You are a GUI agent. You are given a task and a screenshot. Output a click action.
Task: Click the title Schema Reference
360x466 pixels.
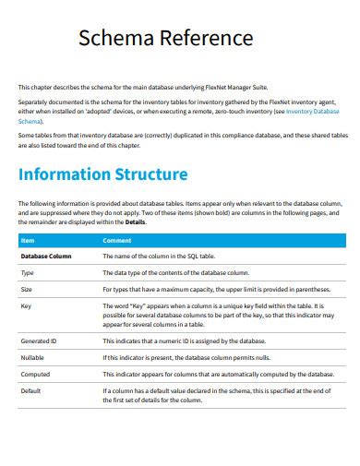point(165,38)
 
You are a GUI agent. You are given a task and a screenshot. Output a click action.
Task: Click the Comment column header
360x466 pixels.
point(116,240)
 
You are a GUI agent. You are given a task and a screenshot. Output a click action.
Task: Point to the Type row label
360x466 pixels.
point(27,273)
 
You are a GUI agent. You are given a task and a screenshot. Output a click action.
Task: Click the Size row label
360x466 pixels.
point(26,290)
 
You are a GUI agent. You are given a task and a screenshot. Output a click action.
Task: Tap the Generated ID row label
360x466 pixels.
point(39,341)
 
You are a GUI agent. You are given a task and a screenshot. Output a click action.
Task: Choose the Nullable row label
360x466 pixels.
point(31,357)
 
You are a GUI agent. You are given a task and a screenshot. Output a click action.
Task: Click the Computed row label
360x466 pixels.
point(35,374)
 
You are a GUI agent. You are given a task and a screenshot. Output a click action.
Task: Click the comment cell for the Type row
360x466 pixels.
point(175,273)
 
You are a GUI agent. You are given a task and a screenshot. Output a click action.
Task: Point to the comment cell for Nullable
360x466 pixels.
point(185,357)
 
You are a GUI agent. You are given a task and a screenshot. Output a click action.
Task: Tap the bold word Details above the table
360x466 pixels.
point(135,222)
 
